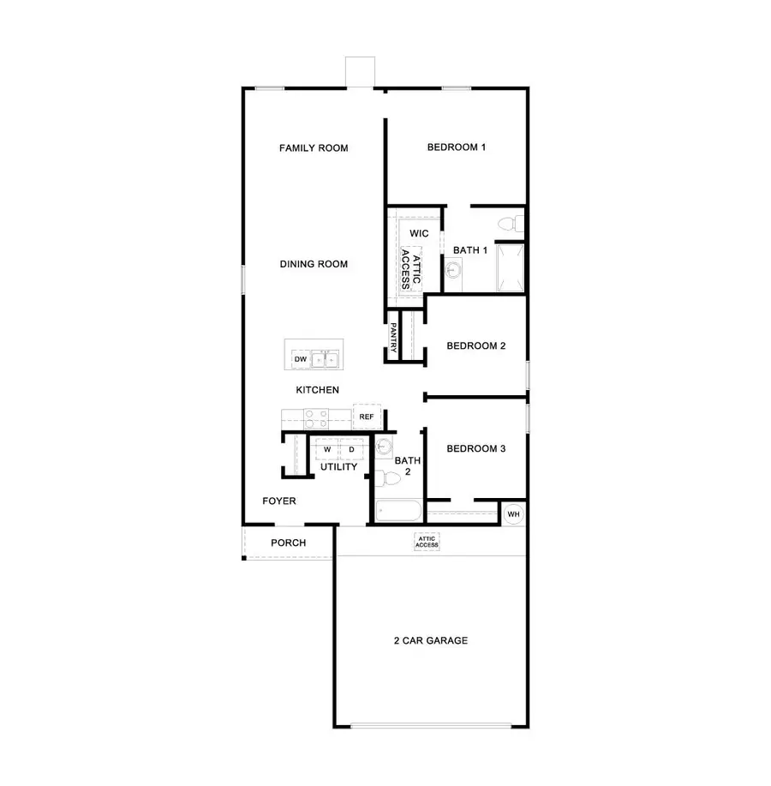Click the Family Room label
314,148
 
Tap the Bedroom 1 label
457,147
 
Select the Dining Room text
314,264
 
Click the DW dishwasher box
301,359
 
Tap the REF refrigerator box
367,417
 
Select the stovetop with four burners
316,418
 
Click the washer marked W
327,449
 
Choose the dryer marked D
351,449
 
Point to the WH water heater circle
513,514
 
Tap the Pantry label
393,337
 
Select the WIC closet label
419,233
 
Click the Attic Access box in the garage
427,542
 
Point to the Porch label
289,543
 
